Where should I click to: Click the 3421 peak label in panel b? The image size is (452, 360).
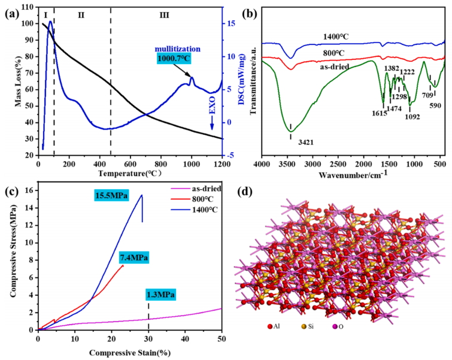[291, 143]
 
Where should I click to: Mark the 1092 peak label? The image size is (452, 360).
[412, 116]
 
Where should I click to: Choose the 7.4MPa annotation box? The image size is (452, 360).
[134, 258]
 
